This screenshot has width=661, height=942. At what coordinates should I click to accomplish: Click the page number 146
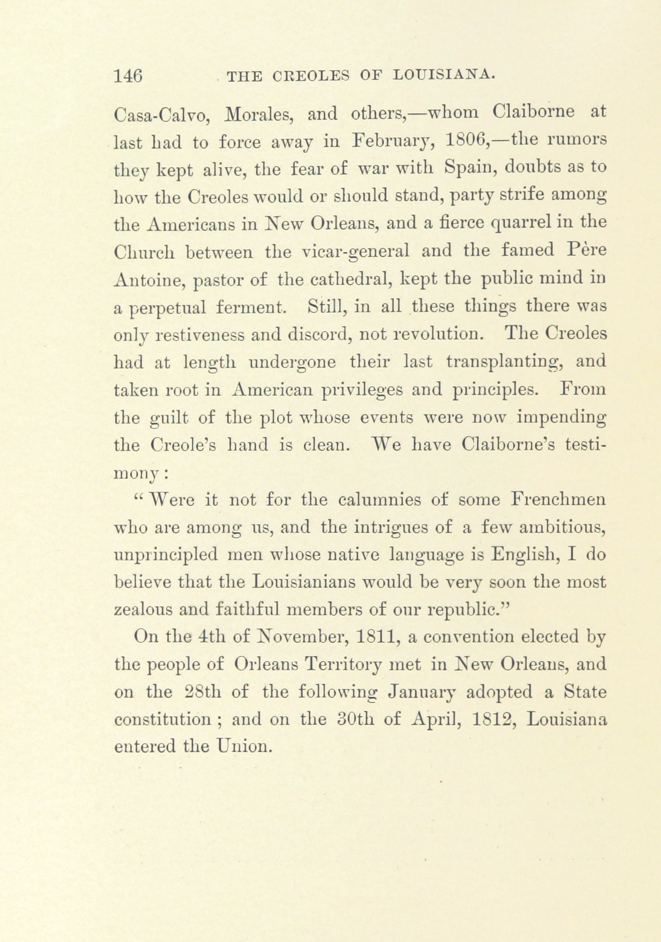128,75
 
